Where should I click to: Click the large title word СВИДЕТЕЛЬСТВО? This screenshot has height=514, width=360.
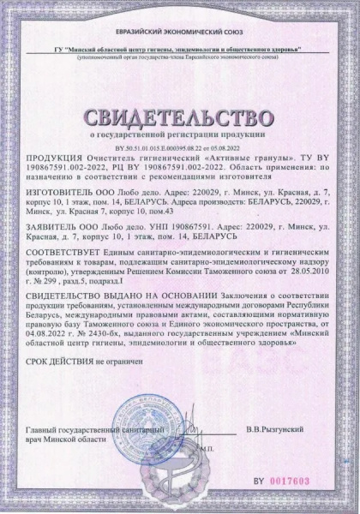tap(179, 115)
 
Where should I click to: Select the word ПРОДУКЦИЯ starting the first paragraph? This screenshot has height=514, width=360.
tap(51, 158)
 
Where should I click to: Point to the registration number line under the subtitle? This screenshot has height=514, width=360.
tap(180, 147)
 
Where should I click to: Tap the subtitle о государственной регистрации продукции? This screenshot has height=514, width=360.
tap(180, 135)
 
